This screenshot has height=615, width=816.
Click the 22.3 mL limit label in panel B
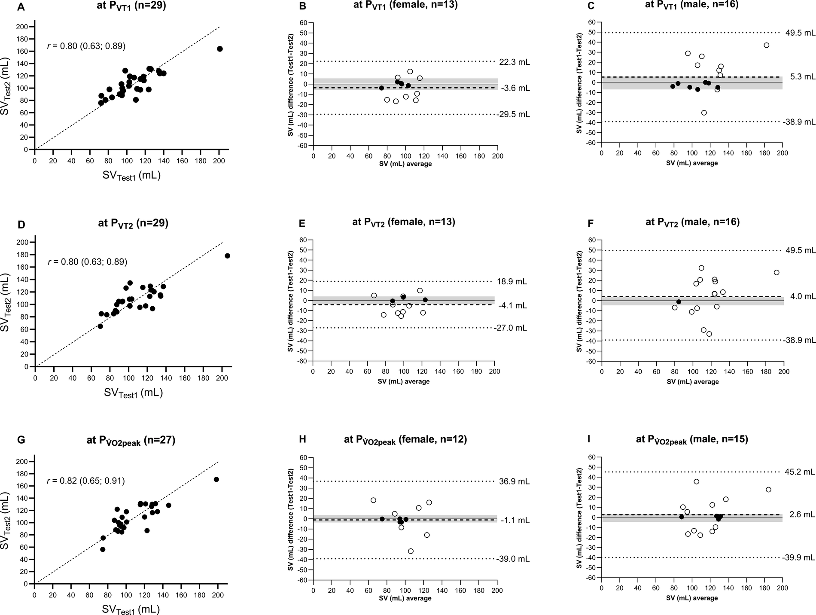coord(515,62)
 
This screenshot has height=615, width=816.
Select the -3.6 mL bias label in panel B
coord(515,88)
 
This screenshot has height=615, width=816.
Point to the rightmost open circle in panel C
coord(766,45)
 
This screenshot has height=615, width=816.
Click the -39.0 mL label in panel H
coord(515,559)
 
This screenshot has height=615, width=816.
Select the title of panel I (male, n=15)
coord(692,440)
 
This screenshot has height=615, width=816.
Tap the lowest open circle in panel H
coord(411,551)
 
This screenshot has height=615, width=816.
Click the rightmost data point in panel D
coord(227,256)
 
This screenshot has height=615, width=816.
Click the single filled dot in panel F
coord(679,301)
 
